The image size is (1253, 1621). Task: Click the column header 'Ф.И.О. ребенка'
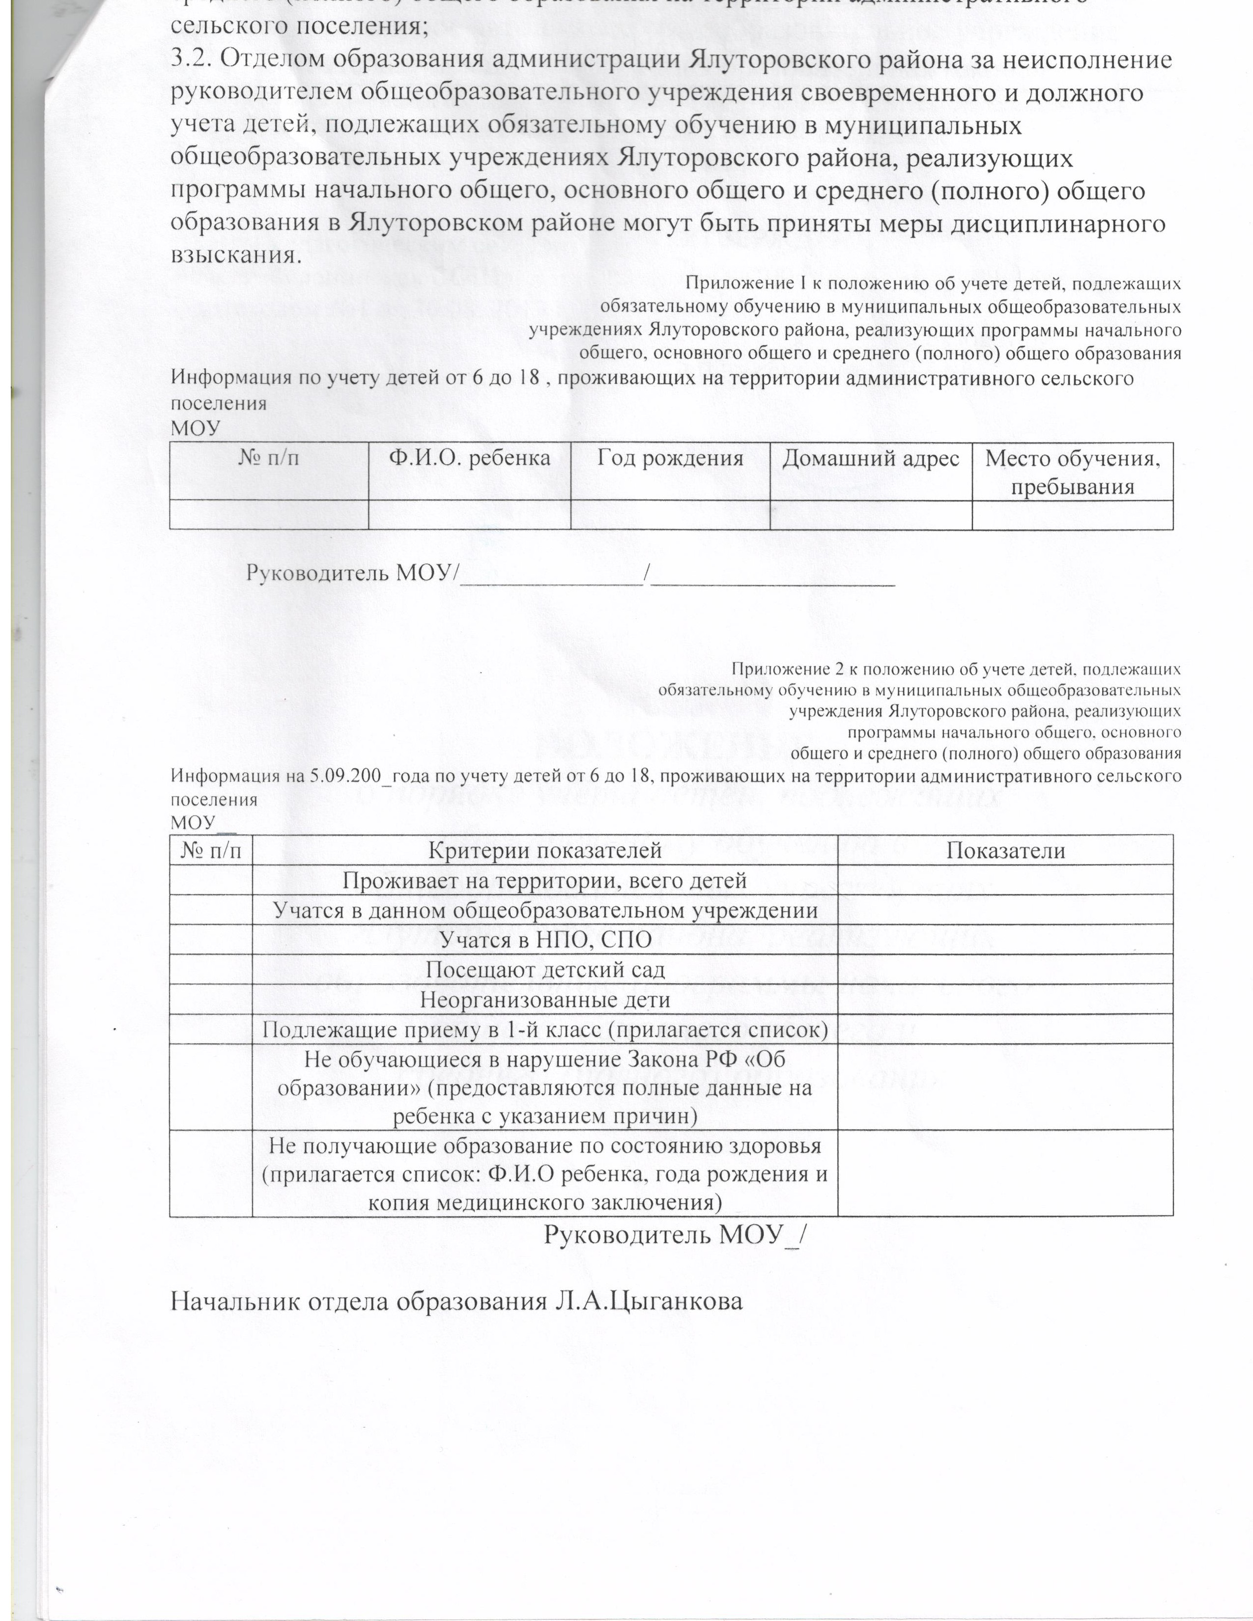[469, 458]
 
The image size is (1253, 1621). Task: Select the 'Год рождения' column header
[670, 458]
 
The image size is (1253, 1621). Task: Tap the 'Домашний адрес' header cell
[871, 458]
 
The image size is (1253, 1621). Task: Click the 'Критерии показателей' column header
[545, 851]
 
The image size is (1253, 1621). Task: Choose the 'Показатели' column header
[1005, 851]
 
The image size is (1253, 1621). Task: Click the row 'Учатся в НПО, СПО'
[545, 940]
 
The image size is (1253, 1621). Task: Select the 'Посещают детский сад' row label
[545, 969]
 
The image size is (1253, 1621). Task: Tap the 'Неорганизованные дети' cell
[545, 1000]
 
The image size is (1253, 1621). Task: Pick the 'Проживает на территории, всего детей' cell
[545, 880]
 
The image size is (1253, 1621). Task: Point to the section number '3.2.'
[191, 60]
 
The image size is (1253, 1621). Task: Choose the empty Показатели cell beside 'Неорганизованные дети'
[1005, 1000]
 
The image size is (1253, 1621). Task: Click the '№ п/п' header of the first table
[269, 458]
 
